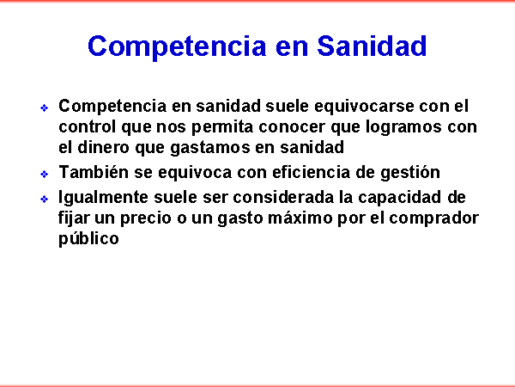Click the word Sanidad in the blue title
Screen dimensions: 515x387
372,46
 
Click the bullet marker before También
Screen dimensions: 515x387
44,174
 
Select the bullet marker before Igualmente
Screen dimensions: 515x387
44,200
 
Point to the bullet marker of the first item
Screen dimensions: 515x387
44,107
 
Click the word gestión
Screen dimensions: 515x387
410,173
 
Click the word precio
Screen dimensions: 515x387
146,218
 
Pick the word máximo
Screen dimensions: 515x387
300,218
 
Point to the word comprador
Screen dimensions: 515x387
433,218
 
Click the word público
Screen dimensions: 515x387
88,239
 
